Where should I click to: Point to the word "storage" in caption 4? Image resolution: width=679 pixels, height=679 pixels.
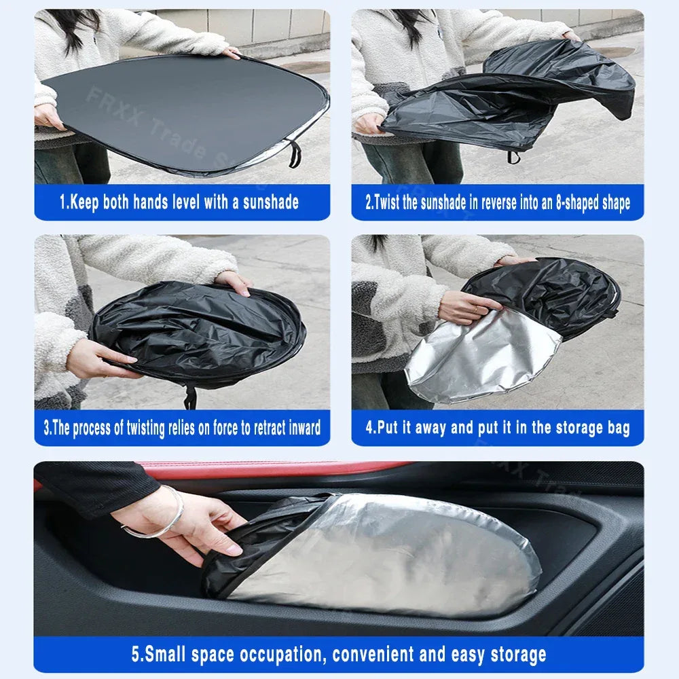pos(556,428)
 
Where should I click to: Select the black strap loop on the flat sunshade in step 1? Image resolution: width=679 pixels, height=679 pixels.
pos(294,155)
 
